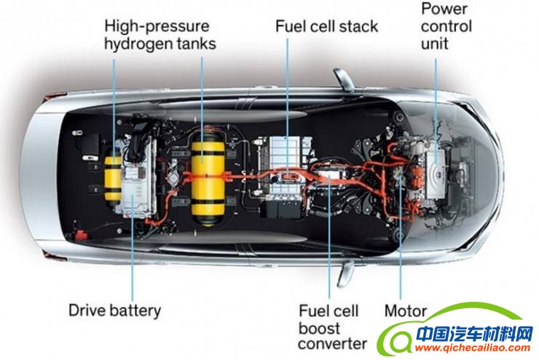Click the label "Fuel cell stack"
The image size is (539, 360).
pyautogui.click(x=326, y=26)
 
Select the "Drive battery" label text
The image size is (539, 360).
pyautogui.click(x=114, y=310)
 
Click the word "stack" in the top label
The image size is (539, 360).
pyautogui.click(x=359, y=26)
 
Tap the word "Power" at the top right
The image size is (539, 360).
pyautogui.click(x=445, y=10)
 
